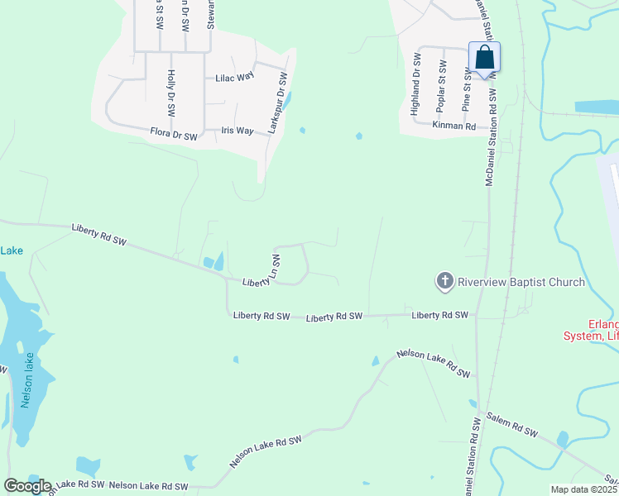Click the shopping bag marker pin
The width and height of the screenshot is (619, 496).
[x=484, y=58]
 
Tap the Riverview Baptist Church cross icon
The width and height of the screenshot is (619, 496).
[x=444, y=282]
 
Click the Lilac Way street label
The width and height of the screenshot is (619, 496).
[x=234, y=77]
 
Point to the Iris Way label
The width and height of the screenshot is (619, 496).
[x=238, y=131]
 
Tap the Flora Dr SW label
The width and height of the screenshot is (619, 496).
[x=174, y=133]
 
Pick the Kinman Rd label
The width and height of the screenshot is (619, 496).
[x=454, y=126]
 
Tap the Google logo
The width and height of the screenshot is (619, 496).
[x=27, y=486]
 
